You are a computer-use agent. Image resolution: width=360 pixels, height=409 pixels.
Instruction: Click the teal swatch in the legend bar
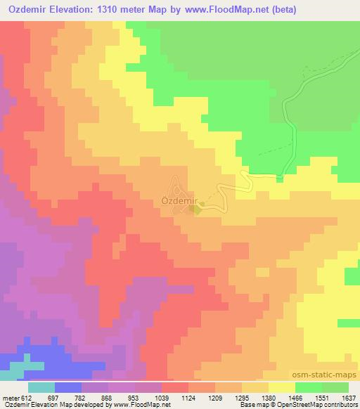[x=41, y=387]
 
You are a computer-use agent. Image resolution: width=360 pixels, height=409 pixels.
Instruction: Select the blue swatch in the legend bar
[x=68, y=387]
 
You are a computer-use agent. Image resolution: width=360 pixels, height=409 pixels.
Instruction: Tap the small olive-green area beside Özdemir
[x=199, y=208]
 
